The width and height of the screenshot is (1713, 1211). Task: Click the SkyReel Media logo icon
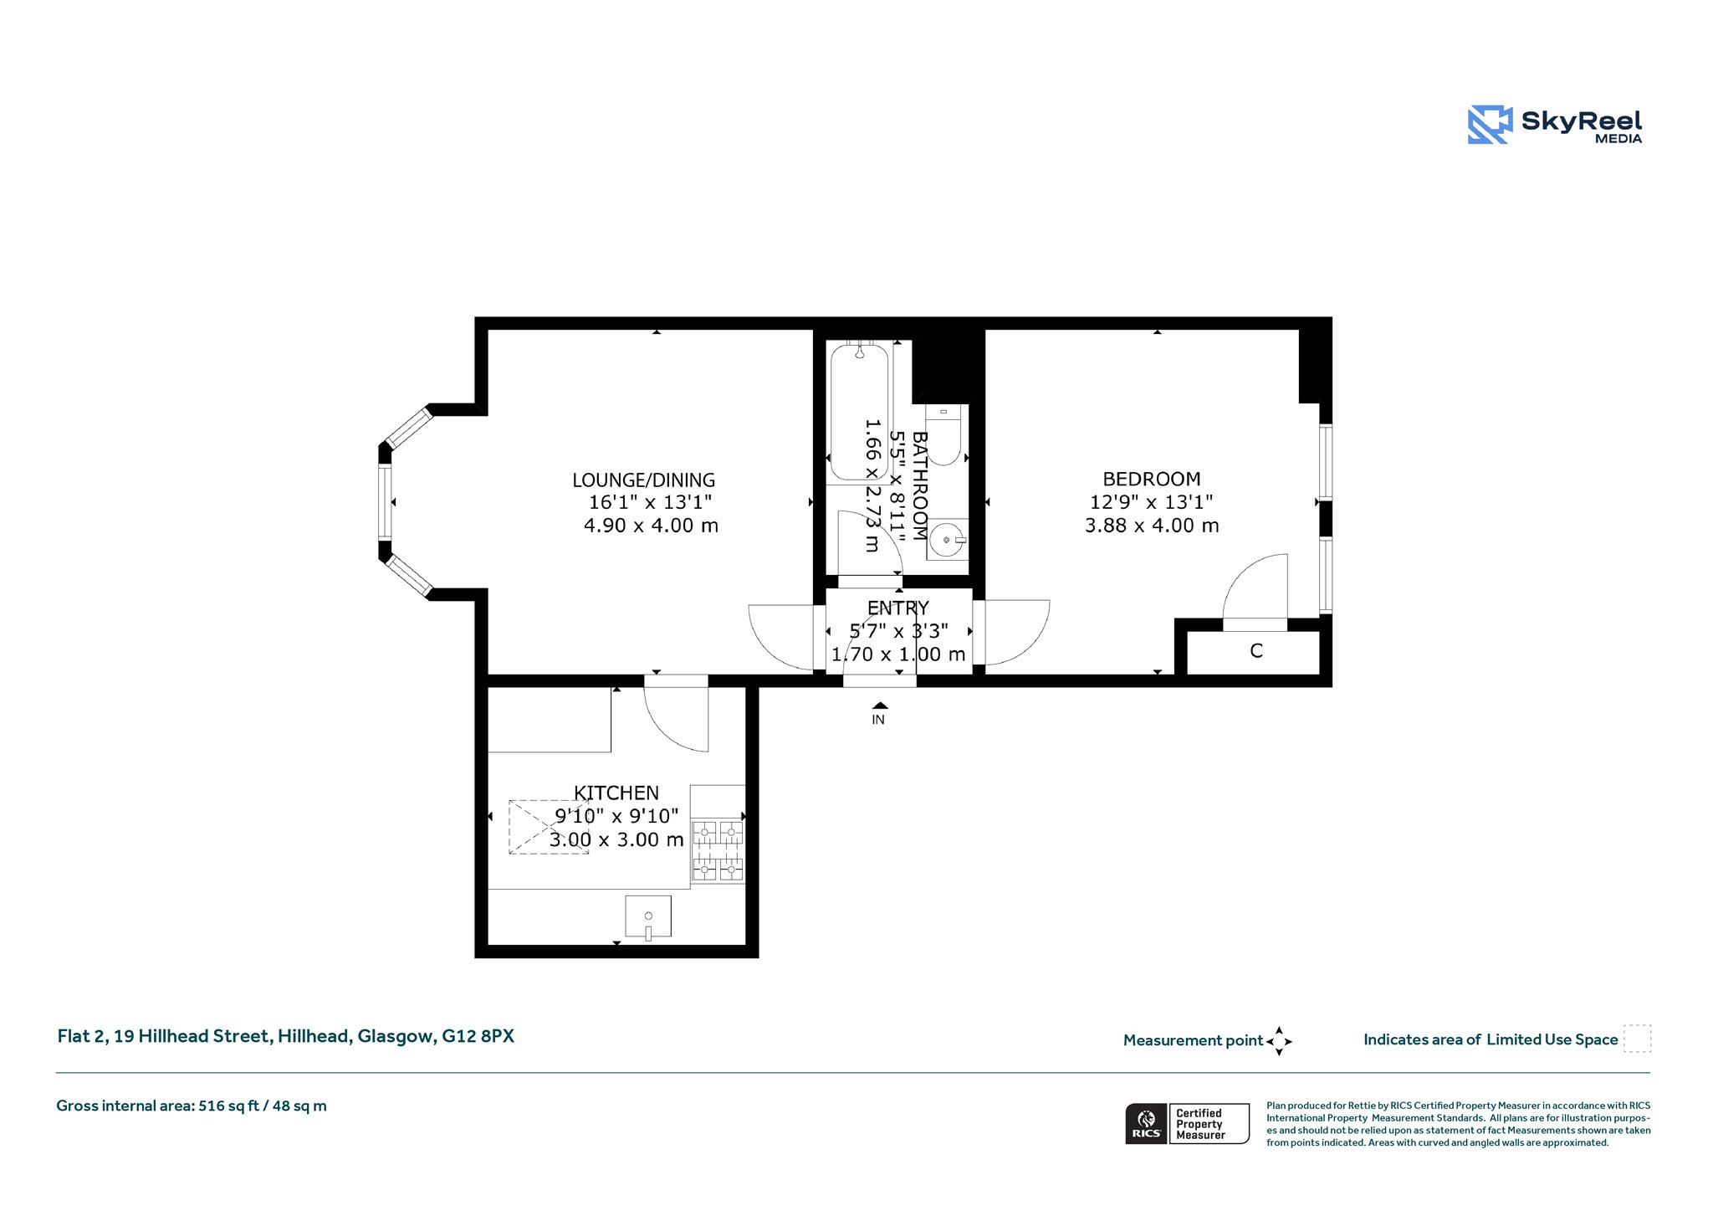coord(1490,125)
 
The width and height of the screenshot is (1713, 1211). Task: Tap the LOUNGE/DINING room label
coord(644,480)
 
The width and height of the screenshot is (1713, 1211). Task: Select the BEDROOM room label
coord(1152,480)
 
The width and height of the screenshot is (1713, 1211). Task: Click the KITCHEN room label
coord(616,793)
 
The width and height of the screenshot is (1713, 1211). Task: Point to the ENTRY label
coord(898,608)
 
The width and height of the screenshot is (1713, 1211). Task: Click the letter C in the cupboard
coord(1256,651)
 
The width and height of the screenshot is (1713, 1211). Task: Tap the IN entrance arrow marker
coord(879,706)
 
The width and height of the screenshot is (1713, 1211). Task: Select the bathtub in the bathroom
coord(859,412)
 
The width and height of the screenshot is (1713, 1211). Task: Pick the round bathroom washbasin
coord(948,540)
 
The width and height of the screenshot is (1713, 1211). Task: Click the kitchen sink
coord(648,917)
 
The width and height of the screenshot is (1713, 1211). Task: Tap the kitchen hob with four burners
coord(718,851)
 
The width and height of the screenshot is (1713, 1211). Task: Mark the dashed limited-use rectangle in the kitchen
coord(549,827)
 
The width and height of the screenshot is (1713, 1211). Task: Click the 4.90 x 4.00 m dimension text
coord(651,526)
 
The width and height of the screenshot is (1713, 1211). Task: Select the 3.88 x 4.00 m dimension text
coord(1152,526)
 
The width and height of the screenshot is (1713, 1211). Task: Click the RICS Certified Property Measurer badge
coord(1187,1123)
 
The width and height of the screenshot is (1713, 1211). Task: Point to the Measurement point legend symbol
coord(1279,1041)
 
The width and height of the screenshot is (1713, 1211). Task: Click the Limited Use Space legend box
coord(1637,1039)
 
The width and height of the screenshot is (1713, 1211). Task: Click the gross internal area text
coord(192,1106)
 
